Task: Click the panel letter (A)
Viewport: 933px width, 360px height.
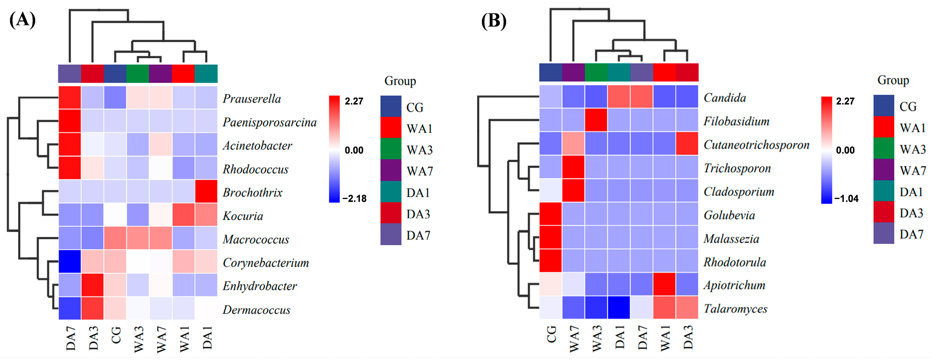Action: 22,20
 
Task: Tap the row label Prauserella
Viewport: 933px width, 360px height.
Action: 252,99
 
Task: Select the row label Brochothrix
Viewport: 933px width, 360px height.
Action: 253,192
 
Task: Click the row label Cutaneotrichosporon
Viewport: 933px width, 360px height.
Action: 756,145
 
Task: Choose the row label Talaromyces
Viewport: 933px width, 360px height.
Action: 735,309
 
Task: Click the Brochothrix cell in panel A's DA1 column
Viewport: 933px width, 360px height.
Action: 206,191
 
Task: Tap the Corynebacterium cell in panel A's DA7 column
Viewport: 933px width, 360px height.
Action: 70,261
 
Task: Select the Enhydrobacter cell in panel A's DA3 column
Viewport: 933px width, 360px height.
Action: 92,285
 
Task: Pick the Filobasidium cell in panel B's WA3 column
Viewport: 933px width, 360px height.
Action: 596,120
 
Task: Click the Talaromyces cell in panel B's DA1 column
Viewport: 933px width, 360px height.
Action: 619,308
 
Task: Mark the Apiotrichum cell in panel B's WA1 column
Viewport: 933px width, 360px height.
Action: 664,284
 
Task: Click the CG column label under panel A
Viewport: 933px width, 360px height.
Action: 116,335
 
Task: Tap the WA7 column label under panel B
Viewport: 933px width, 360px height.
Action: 574,339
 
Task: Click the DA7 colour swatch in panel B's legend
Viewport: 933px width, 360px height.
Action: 883,233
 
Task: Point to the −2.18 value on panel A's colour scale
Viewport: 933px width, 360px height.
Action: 354,199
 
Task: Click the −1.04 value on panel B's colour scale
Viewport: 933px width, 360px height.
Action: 846,199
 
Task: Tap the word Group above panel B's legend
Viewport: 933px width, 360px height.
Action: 893,80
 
